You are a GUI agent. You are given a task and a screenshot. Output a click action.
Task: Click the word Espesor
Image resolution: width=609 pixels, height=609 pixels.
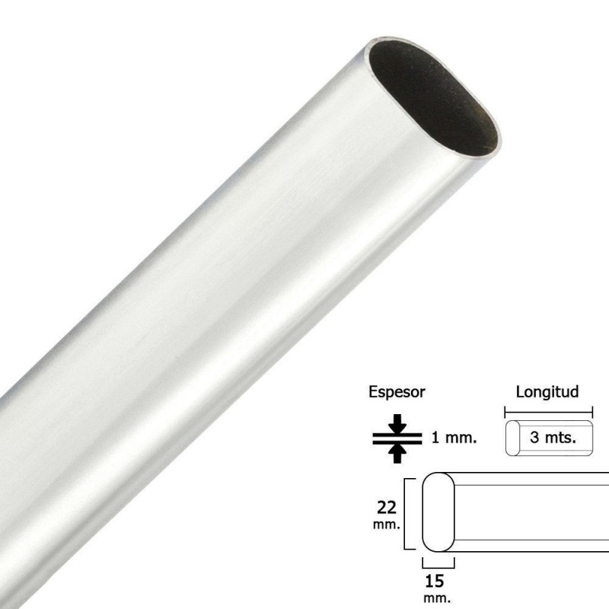point(397,392)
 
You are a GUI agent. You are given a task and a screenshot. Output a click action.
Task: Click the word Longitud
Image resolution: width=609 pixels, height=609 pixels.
point(547,392)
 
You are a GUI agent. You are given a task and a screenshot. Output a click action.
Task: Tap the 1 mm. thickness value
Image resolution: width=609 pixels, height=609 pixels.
point(454,438)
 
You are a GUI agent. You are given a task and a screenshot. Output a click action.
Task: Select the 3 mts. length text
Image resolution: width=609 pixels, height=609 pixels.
point(553,437)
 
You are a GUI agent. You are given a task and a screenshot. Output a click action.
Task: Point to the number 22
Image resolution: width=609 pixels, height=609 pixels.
point(387,508)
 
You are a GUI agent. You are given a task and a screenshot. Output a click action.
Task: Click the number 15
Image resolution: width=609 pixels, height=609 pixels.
point(435,582)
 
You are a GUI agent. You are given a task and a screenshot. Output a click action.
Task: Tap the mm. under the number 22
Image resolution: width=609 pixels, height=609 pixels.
point(387,525)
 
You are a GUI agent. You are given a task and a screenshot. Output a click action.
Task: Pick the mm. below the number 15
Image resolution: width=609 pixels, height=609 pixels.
point(437,598)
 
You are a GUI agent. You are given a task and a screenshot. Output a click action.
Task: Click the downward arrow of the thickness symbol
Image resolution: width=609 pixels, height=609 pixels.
point(397,423)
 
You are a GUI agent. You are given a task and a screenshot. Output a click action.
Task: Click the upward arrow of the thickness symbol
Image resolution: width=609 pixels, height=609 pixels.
point(397,454)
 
